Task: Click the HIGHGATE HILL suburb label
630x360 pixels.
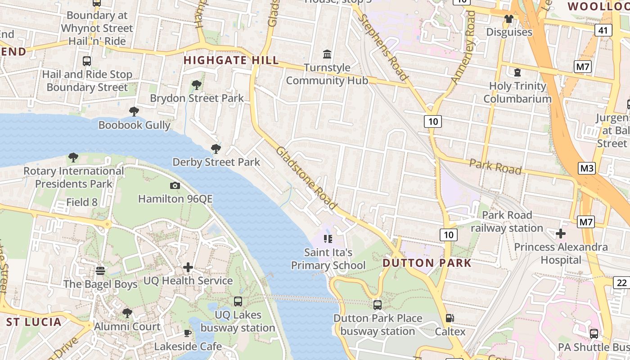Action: click(231, 60)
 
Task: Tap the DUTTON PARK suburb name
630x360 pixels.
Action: click(427, 263)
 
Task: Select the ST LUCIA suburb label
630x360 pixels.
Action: click(34, 322)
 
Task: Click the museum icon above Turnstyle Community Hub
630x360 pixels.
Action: click(327, 54)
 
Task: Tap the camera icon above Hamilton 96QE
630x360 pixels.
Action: click(175, 185)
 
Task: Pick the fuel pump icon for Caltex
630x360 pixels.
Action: click(450, 318)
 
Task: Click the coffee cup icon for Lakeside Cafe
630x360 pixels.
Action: click(188, 333)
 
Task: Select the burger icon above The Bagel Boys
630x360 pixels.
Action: click(100, 271)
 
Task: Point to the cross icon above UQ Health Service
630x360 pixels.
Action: click(188, 268)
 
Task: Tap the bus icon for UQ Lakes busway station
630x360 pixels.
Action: click(238, 301)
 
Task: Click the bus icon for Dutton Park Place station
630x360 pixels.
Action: click(378, 305)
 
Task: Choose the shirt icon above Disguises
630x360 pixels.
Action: click(509, 19)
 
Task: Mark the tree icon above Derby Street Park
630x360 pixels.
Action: click(216, 148)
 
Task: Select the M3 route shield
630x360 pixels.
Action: click(587, 168)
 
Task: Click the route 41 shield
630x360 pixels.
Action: click(603, 30)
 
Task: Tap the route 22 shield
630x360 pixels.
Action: click(621, 283)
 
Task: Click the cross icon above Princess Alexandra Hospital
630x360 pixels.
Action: click(561, 234)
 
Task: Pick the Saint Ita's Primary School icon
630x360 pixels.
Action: click(328, 238)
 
